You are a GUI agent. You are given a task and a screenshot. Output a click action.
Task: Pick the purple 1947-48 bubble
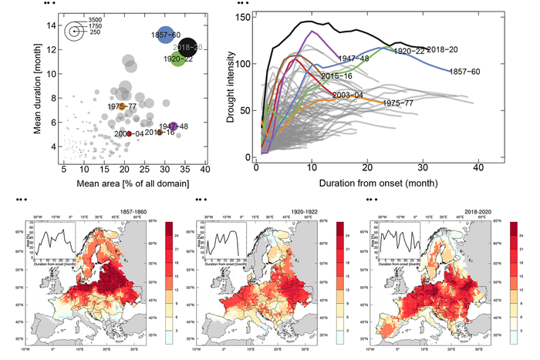(174, 126)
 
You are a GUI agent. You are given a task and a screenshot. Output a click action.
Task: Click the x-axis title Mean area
(128, 184)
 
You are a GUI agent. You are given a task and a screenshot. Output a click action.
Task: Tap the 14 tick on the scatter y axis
(51, 25)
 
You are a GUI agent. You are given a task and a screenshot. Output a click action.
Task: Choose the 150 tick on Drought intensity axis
(244, 15)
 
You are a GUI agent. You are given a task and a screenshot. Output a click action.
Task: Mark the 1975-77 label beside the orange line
(398, 103)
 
